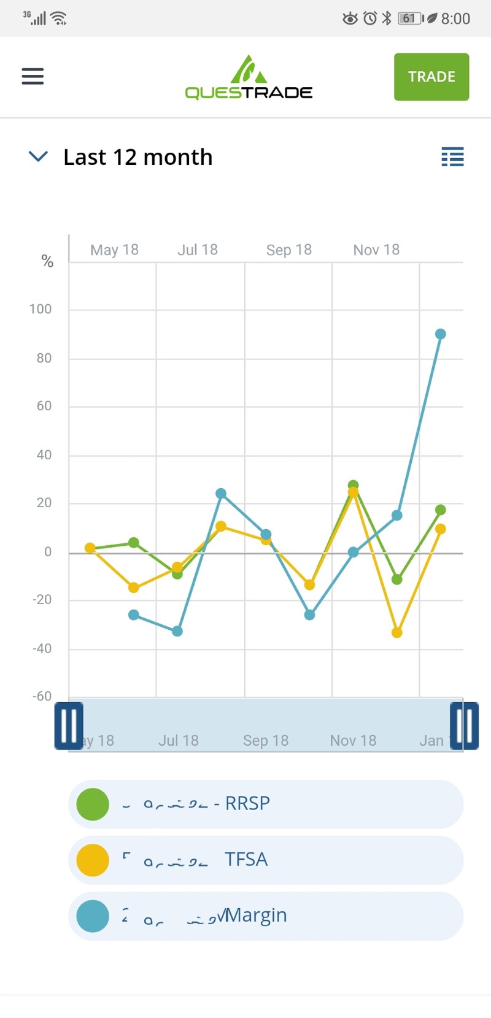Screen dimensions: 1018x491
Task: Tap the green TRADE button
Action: click(x=431, y=77)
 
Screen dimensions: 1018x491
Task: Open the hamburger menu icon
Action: click(x=33, y=76)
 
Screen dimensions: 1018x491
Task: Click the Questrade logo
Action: click(x=249, y=78)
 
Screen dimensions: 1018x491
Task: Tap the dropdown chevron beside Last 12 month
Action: click(x=38, y=157)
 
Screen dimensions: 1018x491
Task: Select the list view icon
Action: click(x=452, y=157)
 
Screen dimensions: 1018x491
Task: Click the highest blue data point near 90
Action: click(x=440, y=334)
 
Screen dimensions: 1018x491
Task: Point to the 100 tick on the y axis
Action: click(x=41, y=310)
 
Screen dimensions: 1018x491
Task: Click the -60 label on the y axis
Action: click(x=42, y=697)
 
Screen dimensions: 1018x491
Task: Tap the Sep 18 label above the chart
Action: click(x=288, y=250)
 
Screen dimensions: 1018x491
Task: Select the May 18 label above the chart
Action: click(x=114, y=250)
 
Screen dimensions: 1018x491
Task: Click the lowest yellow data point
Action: click(x=396, y=632)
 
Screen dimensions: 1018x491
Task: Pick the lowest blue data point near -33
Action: click(x=177, y=631)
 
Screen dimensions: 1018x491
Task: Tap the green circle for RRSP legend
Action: click(x=93, y=804)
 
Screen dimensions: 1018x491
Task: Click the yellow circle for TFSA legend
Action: click(x=93, y=860)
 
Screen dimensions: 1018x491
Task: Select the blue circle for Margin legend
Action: click(x=93, y=916)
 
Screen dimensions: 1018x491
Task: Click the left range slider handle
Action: click(x=69, y=726)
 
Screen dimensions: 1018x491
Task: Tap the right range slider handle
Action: click(x=464, y=726)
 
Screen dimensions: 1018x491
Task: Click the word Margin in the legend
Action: click(x=256, y=915)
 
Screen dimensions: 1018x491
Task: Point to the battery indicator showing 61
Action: click(x=409, y=18)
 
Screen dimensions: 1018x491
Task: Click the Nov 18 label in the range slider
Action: click(x=353, y=741)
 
